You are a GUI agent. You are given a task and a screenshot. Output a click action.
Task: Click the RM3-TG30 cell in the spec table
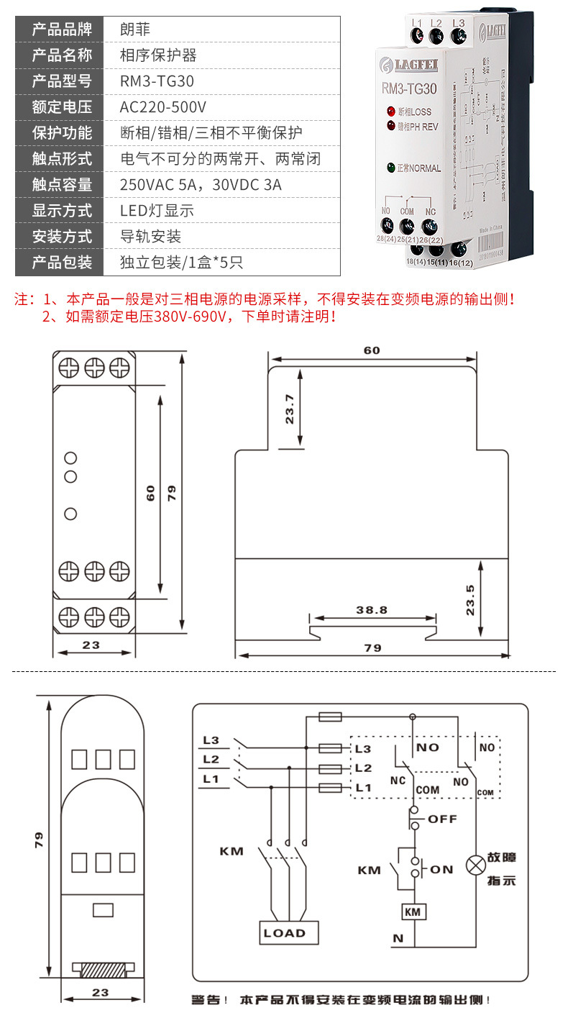[x=157, y=81]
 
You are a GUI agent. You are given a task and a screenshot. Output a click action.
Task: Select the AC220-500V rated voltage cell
[x=163, y=107]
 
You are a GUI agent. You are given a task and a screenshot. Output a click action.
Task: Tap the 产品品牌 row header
[x=63, y=29]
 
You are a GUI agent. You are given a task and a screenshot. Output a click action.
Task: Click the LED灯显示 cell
[x=157, y=211]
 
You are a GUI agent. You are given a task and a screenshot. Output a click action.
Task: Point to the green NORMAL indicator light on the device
[x=392, y=168]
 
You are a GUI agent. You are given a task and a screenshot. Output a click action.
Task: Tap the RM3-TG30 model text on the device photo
[x=409, y=90]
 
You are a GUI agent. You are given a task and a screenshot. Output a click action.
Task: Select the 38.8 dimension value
[x=372, y=609]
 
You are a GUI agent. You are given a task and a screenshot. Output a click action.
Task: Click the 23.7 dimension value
[x=290, y=408]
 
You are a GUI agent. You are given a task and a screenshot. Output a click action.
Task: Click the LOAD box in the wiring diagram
[x=285, y=933]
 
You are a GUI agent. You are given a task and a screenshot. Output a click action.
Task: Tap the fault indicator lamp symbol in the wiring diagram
[x=475, y=865]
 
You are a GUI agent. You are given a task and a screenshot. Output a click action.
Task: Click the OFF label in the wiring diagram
[x=442, y=819]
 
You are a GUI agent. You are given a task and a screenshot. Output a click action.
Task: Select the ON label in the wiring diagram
[x=442, y=869]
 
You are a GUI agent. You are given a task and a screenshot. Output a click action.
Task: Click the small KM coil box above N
[x=413, y=912]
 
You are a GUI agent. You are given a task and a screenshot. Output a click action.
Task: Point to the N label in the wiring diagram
[x=398, y=938]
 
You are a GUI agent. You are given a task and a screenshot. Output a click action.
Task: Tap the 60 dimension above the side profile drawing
[x=372, y=350]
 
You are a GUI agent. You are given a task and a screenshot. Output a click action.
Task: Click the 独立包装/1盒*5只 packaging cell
[x=182, y=263]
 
